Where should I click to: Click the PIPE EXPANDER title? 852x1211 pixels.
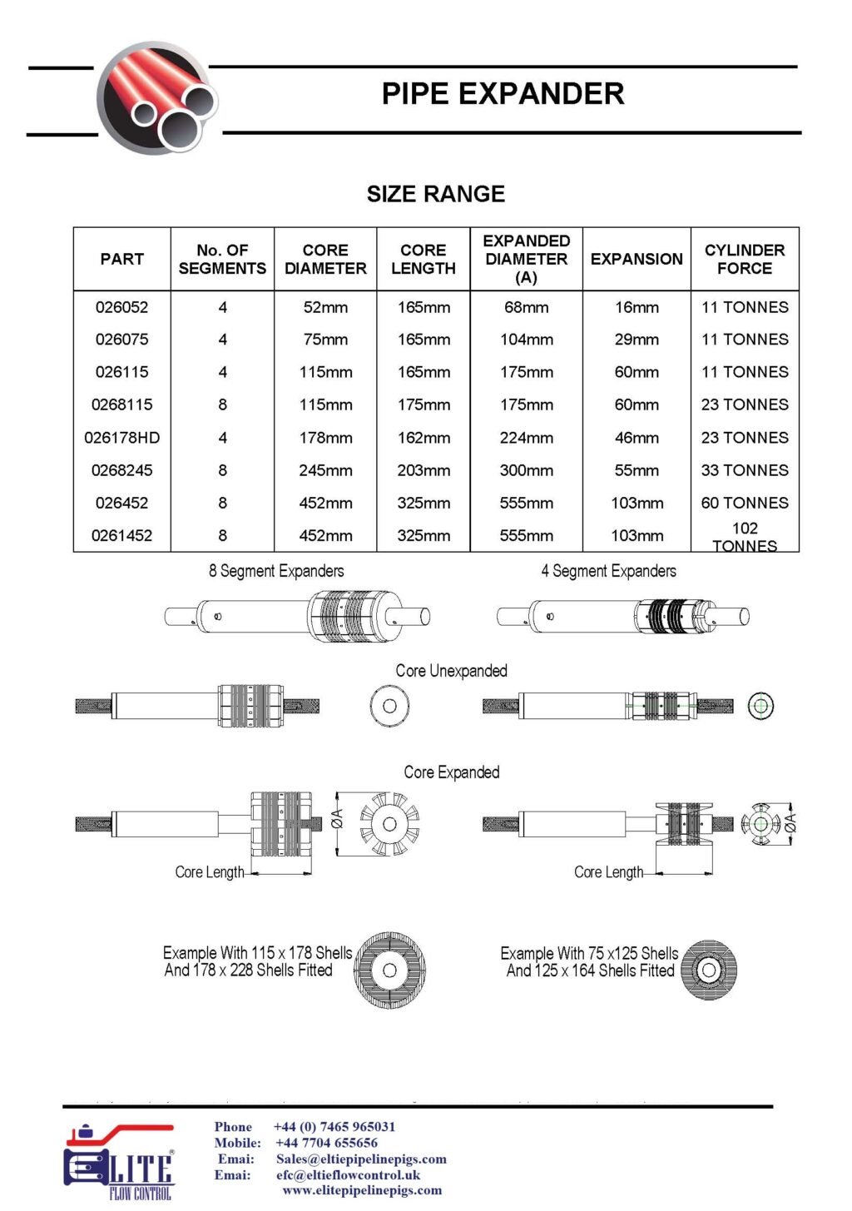(x=503, y=94)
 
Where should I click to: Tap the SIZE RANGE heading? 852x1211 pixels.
(x=436, y=194)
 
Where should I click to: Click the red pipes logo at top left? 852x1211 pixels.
(x=157, y=99)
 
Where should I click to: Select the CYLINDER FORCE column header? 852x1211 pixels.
(x=745, y=259)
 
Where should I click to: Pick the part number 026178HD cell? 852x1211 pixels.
(x=122, y=438)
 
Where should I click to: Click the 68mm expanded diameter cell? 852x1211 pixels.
(x=526, y=307)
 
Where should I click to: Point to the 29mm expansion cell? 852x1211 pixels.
(x=637, y=340)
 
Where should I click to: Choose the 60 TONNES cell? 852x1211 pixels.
(x=745, y=503)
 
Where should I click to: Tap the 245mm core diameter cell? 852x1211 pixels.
(x=325, y=470)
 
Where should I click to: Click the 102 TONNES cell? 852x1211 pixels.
(x=745, y=537)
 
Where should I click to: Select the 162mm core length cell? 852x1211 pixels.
(x=424, y=438)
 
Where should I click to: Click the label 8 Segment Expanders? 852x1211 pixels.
(x=276, y=571)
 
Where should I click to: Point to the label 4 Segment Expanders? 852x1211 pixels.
(x=608, y=571)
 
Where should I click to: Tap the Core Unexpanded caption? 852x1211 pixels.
(x=451, y=671)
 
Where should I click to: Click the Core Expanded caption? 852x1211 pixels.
(x=452, y=772)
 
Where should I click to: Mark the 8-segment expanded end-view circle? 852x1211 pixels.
(x=389, y=824)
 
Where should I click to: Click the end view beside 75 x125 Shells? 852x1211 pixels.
(x=709, y=970)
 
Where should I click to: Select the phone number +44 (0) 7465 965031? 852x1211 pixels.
(x=334, y=1126)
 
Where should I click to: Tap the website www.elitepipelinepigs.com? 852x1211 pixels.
(x=363, y=1190)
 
